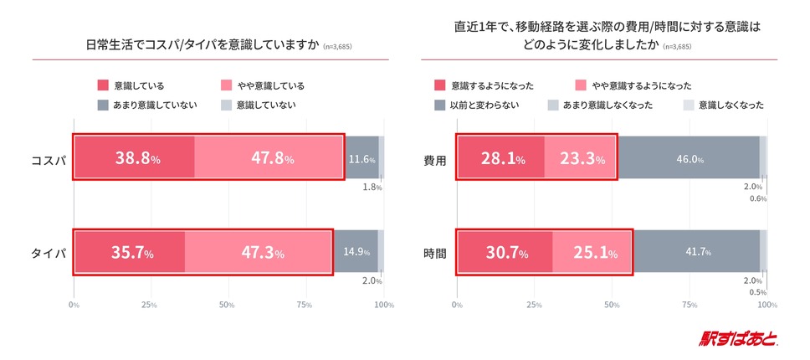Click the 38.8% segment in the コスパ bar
[x=134, y=157]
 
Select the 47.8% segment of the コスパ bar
[x=269, y=157]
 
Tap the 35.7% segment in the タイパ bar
[x=129, y=251]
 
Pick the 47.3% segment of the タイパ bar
[x=259, y=251]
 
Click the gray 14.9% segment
[x=356, y=251]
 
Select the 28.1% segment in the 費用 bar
[x=500, y=157]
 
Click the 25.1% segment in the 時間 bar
[x=592, y=251]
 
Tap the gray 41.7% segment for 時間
[x=696, y=251]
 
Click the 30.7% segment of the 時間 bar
[x=505, y=251]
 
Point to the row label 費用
[x=434, y=157]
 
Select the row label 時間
[x=434, y=251]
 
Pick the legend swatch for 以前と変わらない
[x=440, y=105]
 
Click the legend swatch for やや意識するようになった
[x=581, y=85]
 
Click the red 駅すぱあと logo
[x=738, y=339]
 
